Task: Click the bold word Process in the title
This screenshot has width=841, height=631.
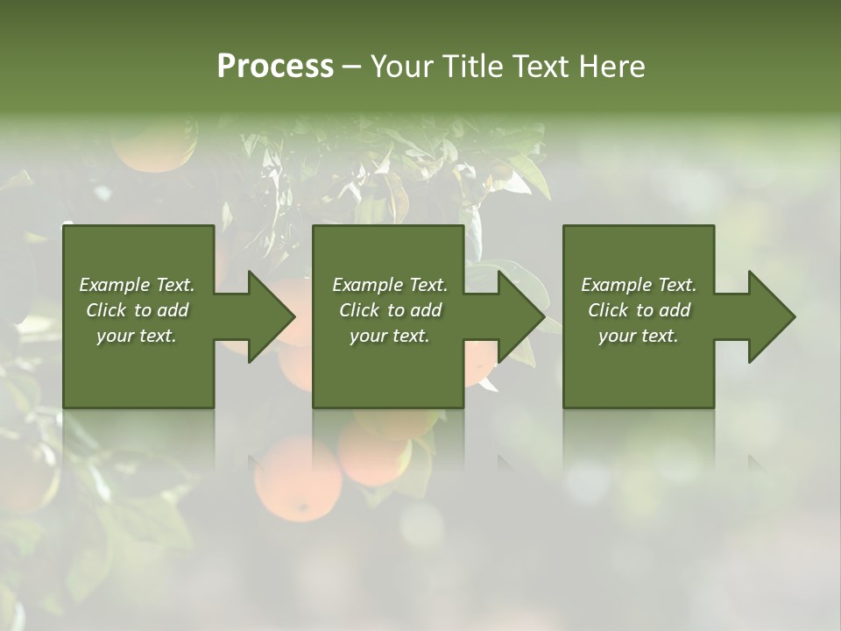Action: point(275,67)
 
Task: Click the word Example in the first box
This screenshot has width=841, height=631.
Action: point(114,285)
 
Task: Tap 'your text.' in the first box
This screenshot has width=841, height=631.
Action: point(137,336)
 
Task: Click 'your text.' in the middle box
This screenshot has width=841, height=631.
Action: point(389,336)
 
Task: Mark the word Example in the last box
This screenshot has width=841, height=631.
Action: point(616,285)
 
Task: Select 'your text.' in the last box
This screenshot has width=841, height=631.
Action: point(639,336)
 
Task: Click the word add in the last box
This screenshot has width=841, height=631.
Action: point(674,310)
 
